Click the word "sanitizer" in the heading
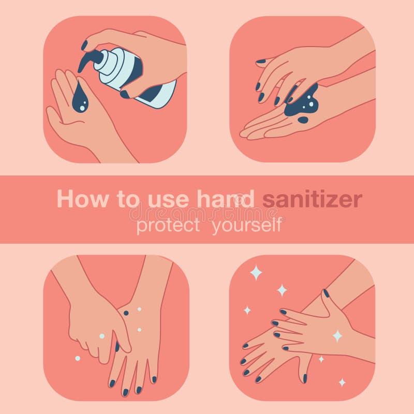click(312, 199)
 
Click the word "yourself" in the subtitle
click(247, 226)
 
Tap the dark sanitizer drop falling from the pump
click(80, 99)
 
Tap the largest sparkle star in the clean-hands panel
click(256, 272)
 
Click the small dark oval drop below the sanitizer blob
click(303, 120)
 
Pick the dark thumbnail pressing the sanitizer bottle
click(125, 94)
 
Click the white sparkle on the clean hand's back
click(337, 336)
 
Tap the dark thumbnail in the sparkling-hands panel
click(326, 293)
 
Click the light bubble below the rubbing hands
click(78, 358)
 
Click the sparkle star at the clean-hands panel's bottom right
click(342, 382)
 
